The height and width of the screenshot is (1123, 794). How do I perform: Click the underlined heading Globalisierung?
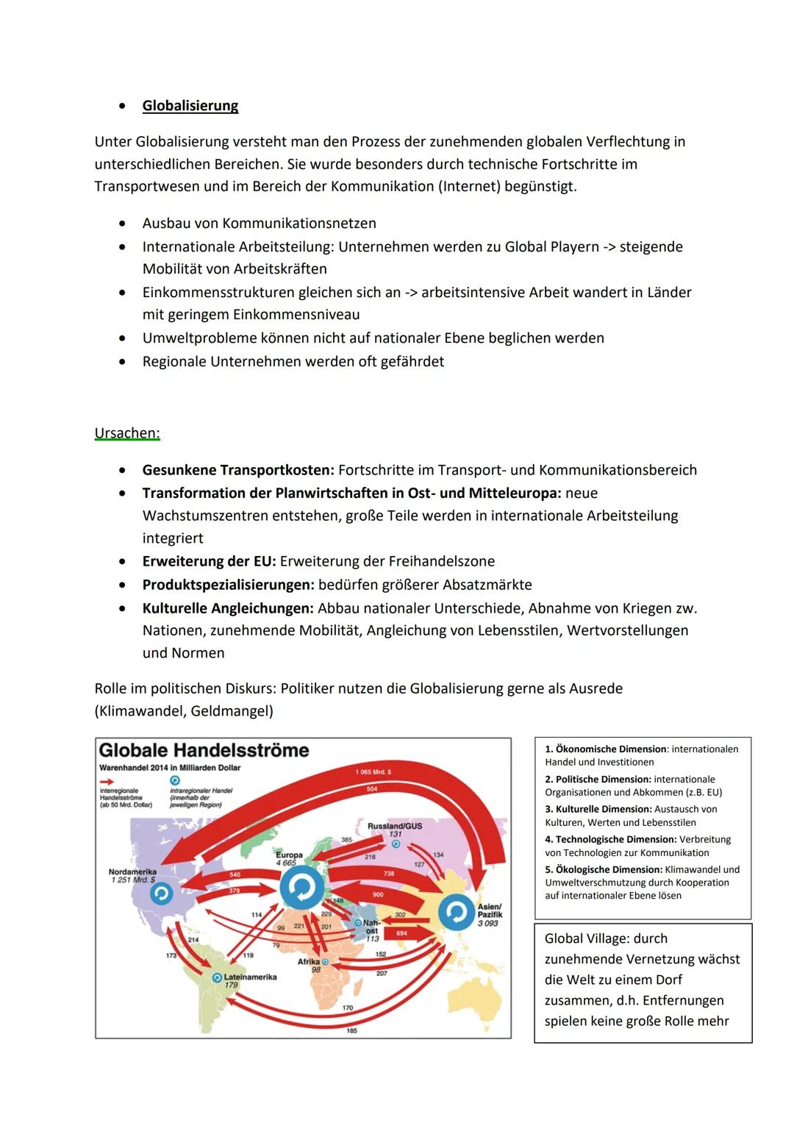coord(190,106)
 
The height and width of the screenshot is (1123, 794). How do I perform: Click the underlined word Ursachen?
coord(126,433)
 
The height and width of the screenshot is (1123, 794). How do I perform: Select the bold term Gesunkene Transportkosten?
coord(237,470)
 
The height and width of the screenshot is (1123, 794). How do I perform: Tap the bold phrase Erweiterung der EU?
coord(209,562)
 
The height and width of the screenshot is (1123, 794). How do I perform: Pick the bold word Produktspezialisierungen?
coord(228,585)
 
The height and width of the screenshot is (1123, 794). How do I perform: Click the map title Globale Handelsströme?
coord(204,751)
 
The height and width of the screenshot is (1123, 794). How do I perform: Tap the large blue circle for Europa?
coord(301,888)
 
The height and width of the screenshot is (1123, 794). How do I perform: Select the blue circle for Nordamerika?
coord(161,894)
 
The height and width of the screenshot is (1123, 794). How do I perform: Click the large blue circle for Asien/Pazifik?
coord(457,912)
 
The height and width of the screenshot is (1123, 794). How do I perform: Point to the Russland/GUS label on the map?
coord(395,826)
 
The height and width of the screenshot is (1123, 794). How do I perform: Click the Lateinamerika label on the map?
coord(250,977)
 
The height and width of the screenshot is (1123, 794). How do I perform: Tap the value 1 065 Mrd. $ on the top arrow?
coord(373,772)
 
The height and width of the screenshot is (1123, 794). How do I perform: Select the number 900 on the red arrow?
coord(378,895)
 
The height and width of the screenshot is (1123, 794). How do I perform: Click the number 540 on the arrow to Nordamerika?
coord(235,874)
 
